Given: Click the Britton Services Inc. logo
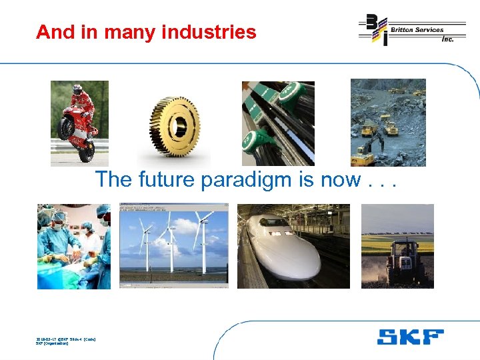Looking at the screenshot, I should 411,30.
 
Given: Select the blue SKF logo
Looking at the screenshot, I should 410,337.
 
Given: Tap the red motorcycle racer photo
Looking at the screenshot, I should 79,123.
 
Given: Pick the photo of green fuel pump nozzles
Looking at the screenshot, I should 277,123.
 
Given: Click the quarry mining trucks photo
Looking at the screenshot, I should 388,123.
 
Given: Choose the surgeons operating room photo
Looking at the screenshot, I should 74,246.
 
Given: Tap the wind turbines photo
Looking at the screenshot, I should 173,246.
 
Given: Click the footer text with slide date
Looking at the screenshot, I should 65,341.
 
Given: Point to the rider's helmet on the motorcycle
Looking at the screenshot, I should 77,89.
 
